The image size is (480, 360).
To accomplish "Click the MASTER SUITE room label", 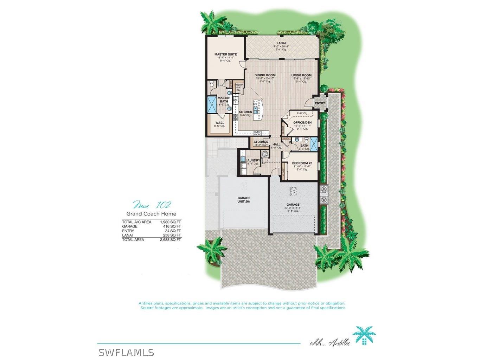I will point(225,54).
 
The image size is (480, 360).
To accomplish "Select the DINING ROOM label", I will point(265,75).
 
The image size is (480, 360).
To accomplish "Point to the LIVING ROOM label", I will point(301,75).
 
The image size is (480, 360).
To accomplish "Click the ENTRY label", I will point(320,103).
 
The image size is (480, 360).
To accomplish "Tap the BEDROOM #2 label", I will point(302,163).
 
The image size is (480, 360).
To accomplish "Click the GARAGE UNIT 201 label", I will point(244,200).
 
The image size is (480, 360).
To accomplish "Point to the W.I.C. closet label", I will point(219,123).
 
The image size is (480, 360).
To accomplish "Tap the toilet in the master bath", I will point(212,85).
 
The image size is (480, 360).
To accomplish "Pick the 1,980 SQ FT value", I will point(171,222).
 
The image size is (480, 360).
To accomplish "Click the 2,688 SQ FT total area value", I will point(171,240).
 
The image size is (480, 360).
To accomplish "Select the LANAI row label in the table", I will point(127,235).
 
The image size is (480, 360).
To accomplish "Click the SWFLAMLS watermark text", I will point(126,352).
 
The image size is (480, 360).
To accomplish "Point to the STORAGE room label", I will point(261,142).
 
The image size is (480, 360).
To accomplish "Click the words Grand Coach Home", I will point(151,214).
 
